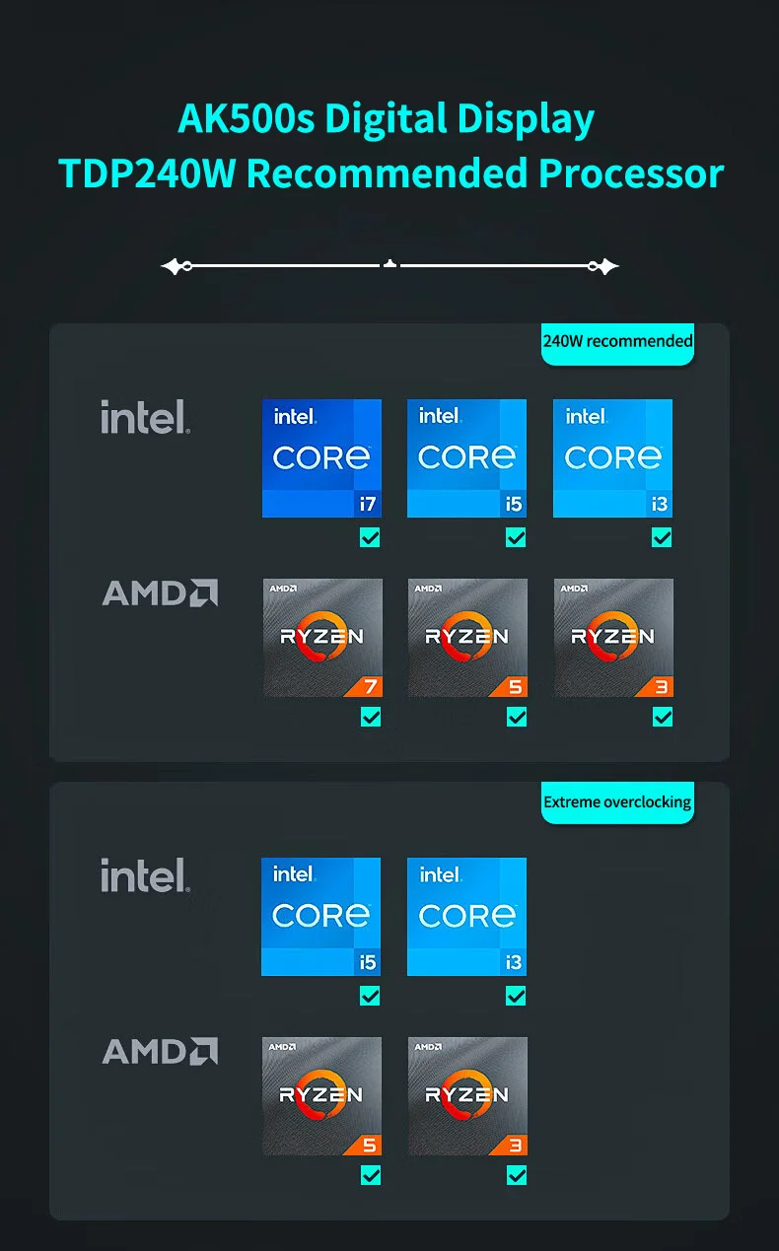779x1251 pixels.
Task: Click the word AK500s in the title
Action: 247,119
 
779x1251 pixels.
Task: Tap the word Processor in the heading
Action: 631,174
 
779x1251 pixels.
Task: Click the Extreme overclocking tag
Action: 617,802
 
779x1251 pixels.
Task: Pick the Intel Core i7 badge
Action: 321,458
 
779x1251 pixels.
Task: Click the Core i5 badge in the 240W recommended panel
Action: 466,458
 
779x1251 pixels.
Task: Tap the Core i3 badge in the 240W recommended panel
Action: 612,458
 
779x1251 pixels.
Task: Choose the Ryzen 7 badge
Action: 322,638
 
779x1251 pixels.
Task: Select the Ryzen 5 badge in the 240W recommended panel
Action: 467,638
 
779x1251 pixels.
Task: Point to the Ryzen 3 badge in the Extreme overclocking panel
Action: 467,1096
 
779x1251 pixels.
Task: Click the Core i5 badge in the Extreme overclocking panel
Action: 320,917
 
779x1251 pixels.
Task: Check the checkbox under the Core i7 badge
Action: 370,538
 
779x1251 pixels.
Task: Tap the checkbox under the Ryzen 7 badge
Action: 371,717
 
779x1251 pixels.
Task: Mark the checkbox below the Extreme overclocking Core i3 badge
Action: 516,996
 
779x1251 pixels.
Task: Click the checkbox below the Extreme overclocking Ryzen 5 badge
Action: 371,1176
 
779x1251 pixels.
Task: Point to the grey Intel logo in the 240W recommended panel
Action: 145,417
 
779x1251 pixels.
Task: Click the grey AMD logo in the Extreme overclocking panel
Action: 160,1051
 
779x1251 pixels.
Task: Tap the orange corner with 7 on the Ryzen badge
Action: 366,687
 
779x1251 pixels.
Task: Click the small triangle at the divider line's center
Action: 390,263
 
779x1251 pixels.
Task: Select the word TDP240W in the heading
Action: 147,174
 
